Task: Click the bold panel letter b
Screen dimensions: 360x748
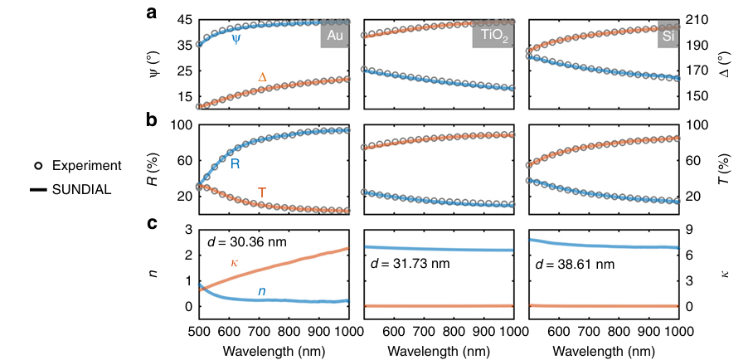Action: (x=152, y=119)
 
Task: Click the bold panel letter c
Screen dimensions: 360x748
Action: (x=152, y=223)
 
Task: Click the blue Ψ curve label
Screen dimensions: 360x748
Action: (x=236, y=39)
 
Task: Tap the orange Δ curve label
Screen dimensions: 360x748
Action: (x=263, y=78)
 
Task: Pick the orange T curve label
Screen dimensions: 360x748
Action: (x=262, y=193)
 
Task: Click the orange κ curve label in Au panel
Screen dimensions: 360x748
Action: (x=235, y=263)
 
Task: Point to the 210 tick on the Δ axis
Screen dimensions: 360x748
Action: (x=700, y=20)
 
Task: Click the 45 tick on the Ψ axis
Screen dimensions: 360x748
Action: (x=182, y=20)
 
